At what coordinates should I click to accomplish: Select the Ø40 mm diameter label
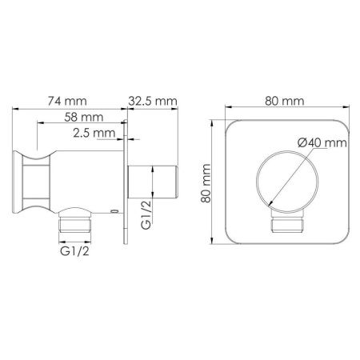[x=319, y=142]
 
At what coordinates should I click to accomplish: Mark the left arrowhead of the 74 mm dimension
[x=14, y=110]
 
